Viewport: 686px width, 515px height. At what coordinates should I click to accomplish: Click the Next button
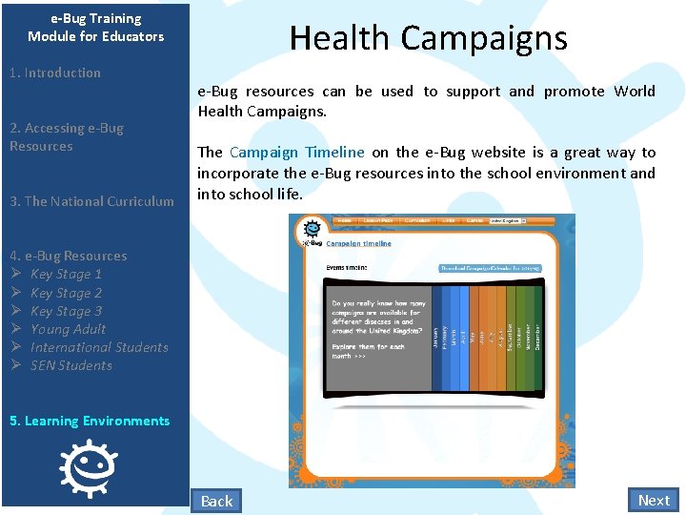654,500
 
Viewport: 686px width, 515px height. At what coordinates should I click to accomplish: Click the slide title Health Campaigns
428,38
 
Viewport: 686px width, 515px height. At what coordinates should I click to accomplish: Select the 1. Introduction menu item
54,72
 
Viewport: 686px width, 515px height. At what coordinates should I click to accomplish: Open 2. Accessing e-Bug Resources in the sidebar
67,136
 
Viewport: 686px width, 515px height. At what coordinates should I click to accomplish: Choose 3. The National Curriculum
91,201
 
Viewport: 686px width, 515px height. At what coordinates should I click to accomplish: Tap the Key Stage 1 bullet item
66,275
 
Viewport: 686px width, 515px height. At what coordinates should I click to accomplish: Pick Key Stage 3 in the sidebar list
66,311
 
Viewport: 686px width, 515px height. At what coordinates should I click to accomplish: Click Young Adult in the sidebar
68,329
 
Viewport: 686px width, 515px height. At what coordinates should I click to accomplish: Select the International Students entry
98,347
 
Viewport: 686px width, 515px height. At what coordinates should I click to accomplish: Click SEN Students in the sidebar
71,365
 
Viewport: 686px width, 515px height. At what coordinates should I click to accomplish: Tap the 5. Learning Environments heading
90,421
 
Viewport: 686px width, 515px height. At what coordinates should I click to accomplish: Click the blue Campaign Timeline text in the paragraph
297,153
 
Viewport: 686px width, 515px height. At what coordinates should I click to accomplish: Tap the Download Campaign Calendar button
489,268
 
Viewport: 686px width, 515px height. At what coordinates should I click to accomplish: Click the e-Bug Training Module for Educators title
95,27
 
